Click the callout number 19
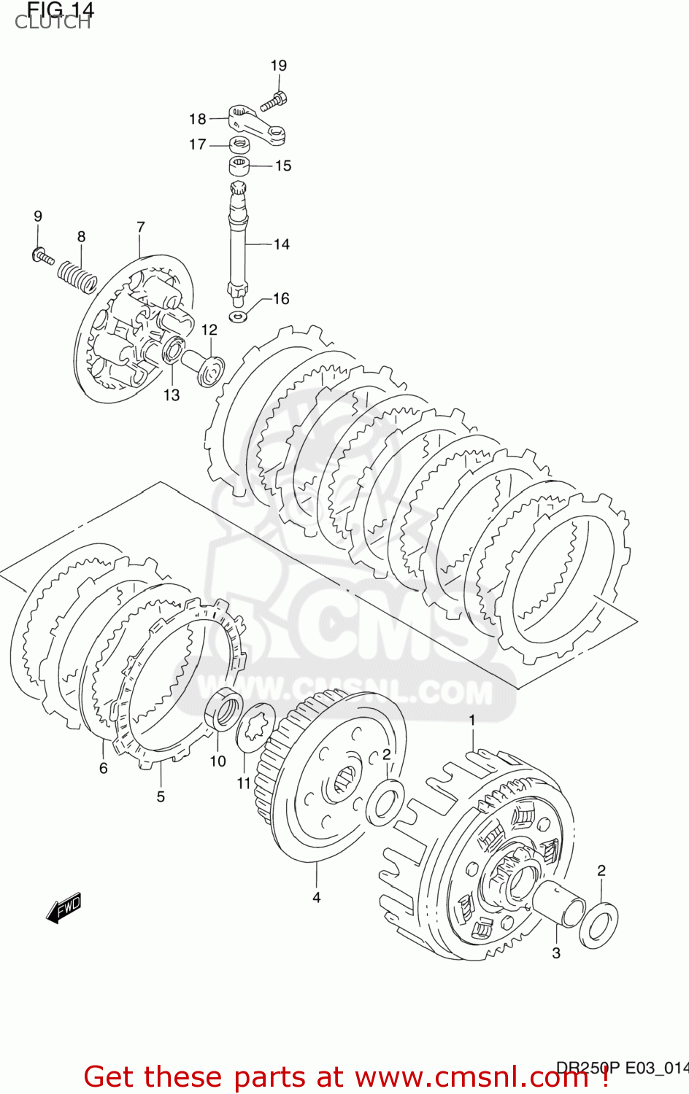tap(279, 66)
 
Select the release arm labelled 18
tap(256, 125)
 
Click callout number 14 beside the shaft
tap(282, 244)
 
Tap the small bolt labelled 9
tap(43, 256)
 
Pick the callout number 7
tap(141, 227)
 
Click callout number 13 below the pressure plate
tap(171, 395)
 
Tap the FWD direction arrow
tap(63, 909)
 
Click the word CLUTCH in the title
tap(53, 23)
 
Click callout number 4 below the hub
tap(317, 897)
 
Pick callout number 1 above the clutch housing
tap(472, 721)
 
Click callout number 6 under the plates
tap(104, 768)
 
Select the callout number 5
tap(161, 796)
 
